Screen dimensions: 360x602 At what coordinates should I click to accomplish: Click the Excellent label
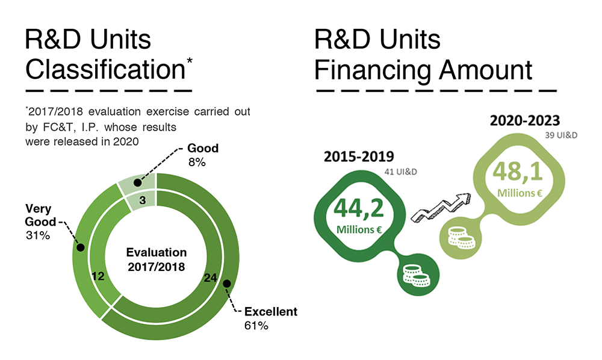pyautogui.click(x=270, y=312)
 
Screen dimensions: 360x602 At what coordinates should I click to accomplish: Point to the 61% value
pyautogui.click(x=257, y=326)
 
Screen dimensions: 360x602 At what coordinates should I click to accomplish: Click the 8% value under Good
pyautogui.click(x=197, y=162)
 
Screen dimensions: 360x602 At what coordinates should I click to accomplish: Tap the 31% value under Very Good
pyautogui.click(x=37, y=235)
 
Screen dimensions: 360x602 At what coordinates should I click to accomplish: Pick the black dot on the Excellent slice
pyautogui.click(x=226, y=283)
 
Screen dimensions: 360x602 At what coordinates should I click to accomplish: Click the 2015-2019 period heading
pyautogui.click(x=359, y=157)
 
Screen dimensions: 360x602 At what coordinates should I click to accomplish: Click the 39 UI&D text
pyautogui.click(x=565, y=135)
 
